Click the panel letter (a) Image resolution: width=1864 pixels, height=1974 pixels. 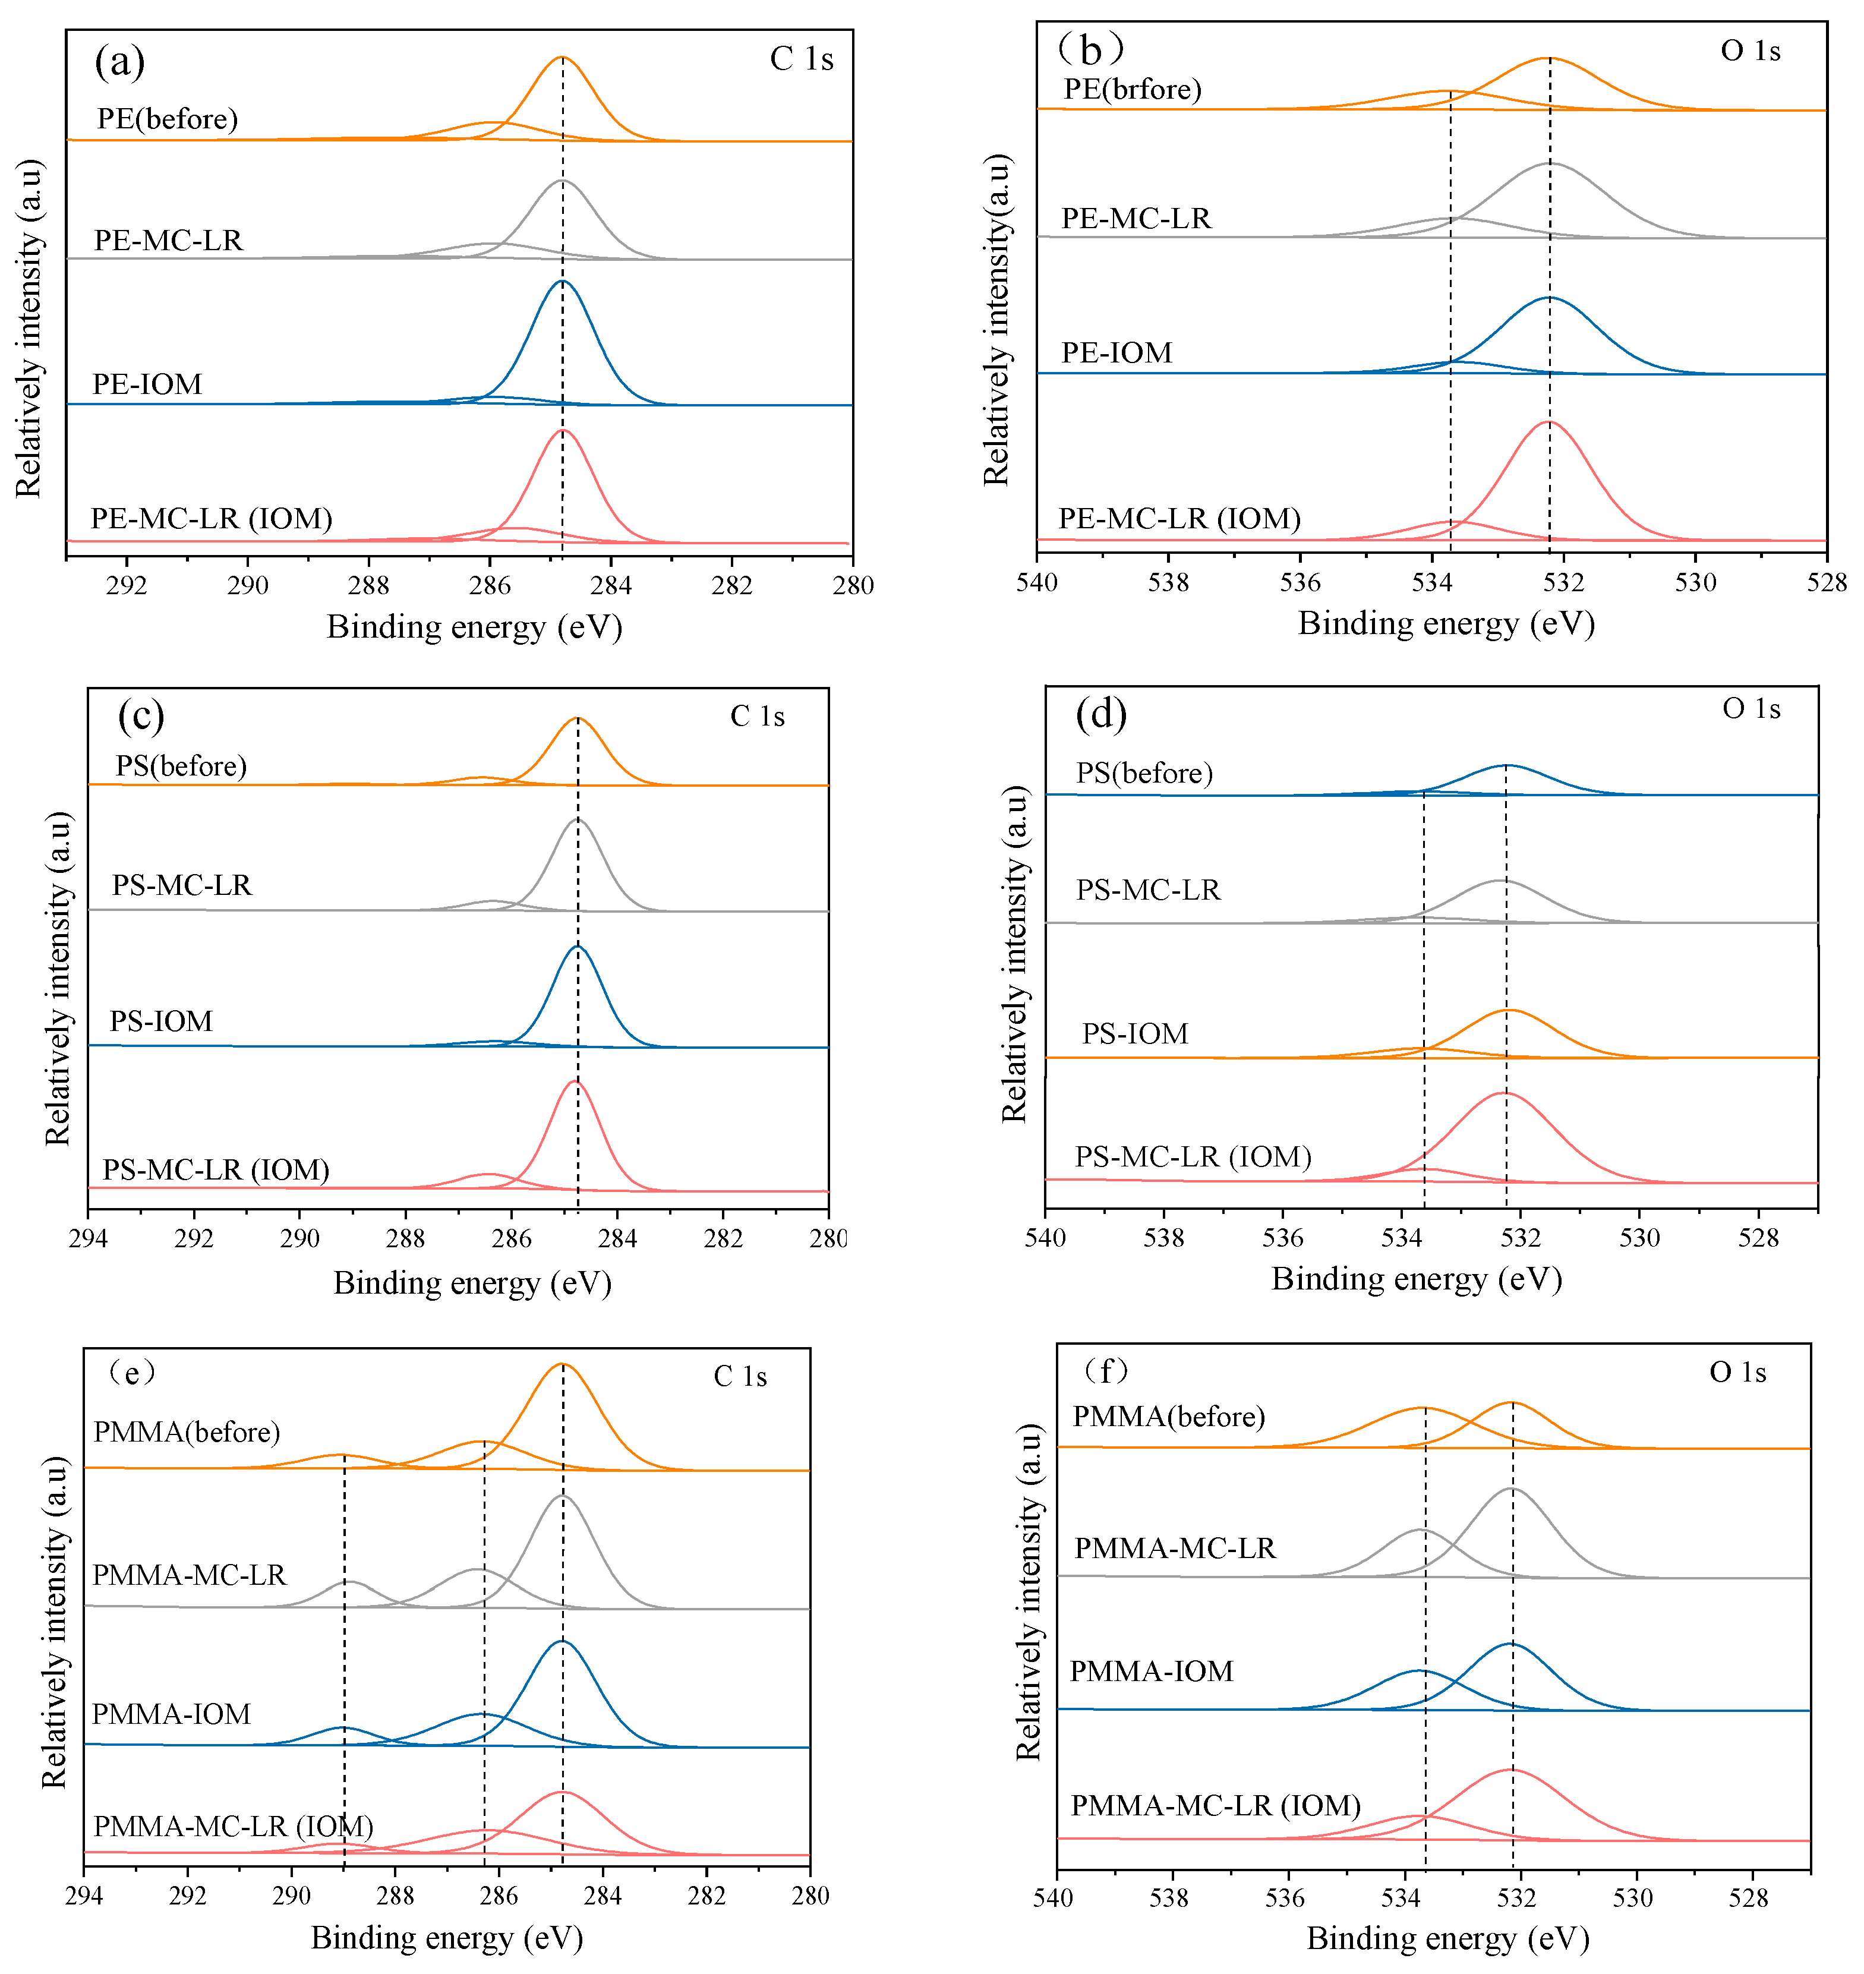[120, 62]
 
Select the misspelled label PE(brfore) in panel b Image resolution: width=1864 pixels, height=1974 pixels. [1133, 89]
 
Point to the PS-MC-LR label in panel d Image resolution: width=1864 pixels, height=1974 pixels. [1147, 890]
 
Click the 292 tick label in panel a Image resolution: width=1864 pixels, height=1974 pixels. [126, 585]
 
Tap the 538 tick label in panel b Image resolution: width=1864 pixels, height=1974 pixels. [1168, 582]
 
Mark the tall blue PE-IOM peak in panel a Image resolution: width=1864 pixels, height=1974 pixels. [562, 283]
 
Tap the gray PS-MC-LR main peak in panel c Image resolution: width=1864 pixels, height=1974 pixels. [578, 821]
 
